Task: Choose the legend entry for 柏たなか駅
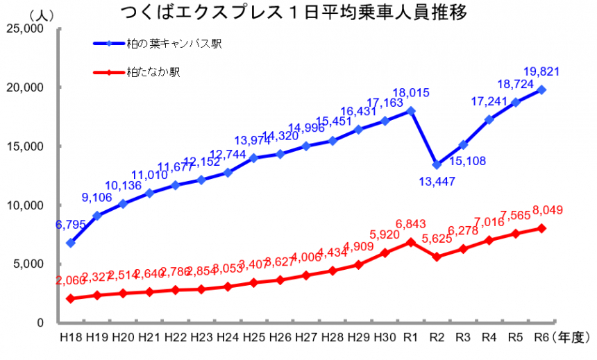pyautogui.click(x=153, y=71)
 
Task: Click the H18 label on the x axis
pyautogui.click(x=71, y=337)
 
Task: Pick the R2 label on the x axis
pyautogui.click(x=437, y=337)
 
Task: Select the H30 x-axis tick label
pyautogui.click(x=385, y=337)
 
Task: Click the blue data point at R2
pyautogui.click(x=437, y=164)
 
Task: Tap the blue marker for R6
pyautogui.click(x=541, y=89)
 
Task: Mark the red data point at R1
pyautogui.click(x=411, y=242)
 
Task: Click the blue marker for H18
pyautogui.click(x=71, y=243)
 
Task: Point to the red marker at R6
pyautogui.click(x=541, y=228)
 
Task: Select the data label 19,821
pyautogui.click(x=541, y=71)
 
